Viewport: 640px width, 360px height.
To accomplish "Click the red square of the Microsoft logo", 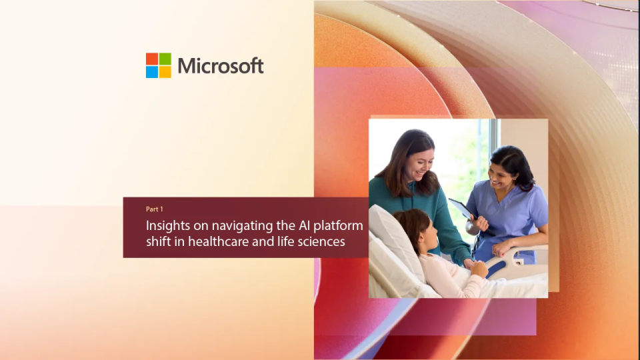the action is (x=152, y=59).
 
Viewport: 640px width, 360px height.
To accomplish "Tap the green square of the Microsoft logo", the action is (x=165, y=59).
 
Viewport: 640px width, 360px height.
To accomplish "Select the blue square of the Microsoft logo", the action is (x=152, y=72).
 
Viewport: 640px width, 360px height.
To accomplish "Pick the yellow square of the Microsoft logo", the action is (x=165, y=72).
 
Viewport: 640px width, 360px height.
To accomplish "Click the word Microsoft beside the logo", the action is (x=221, y=66).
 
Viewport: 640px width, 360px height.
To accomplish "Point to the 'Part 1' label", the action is (x=154, y=209).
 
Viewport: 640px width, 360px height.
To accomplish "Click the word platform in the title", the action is (x=339, y=226).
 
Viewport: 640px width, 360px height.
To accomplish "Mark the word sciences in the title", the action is (x=321, y=242).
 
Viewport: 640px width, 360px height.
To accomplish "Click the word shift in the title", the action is (x=158, y=241).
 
